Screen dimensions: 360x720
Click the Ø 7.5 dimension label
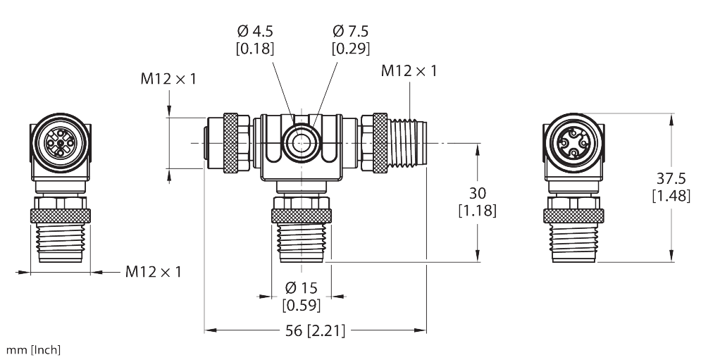tap(351, 32)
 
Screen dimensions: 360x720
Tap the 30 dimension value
tap(478, 193)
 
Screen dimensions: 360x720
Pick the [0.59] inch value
tap(301, 306)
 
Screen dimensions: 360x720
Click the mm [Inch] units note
tap(35, 349)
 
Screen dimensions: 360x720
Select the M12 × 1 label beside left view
tap(153, 271)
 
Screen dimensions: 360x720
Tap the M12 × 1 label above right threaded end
tap(409, 70)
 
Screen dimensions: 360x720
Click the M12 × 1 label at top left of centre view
tap(168, 79)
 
